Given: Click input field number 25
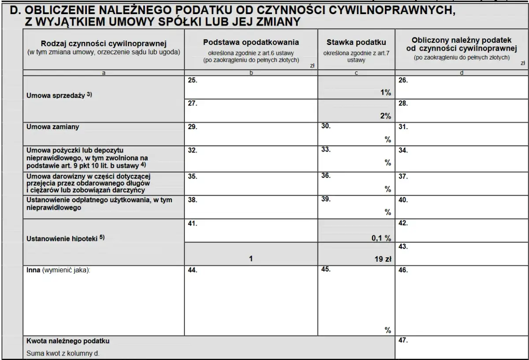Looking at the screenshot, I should [251, 88].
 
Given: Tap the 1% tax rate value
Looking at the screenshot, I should [386, 93].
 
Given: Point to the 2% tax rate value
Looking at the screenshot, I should [386, 116].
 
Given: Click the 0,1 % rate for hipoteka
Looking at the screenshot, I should [381, 238].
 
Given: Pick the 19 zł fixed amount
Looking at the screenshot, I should [382, 259].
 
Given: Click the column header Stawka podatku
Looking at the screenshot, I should [356, 42].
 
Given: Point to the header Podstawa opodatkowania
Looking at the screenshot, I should [251, 42].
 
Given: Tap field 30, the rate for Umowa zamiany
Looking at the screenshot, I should [356, 134].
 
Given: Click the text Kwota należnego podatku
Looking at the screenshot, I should [68, 341].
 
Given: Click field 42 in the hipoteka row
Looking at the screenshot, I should [462, 230].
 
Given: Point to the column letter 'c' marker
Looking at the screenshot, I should [356, 73].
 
